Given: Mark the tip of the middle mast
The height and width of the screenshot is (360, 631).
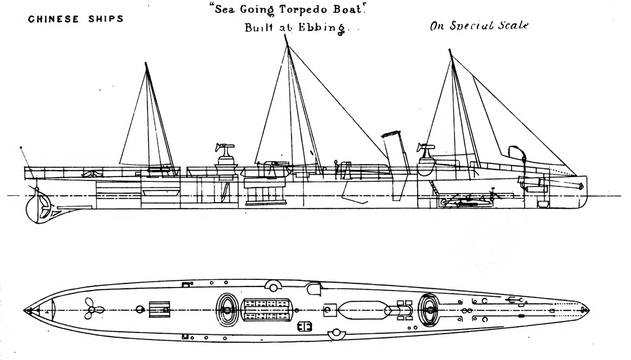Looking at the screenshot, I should [286, 36].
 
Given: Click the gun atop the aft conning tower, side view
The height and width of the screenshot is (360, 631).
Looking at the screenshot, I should [224, 148].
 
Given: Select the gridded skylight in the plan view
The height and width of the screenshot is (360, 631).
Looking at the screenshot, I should [267, 309].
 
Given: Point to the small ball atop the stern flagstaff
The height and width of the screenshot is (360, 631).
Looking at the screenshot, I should [21, 148].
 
